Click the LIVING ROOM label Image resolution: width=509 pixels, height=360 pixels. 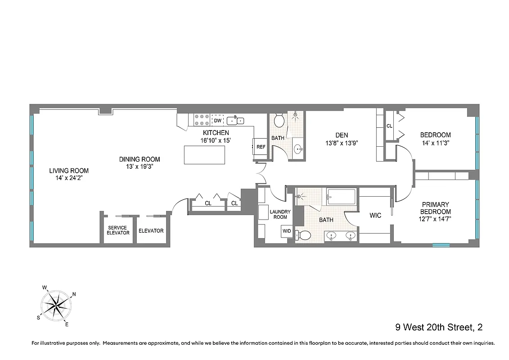pyautogui.click(x=69, y=171)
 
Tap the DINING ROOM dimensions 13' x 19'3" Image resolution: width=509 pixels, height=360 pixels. pyautogui.click(x=140, y=166)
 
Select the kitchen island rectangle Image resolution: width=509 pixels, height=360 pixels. pyautogui.click(x=205, y=155)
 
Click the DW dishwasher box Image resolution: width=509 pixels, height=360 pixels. pyautogui.click(x=217, y=121)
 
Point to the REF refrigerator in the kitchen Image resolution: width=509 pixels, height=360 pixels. pyautogui.click(x=261, y=147)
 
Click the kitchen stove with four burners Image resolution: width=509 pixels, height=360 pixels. pyautogui.click(x=201, y=120)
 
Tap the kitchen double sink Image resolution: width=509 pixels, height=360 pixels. pyautogui.click(x=235, y=120)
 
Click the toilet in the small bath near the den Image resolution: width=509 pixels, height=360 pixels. pyautogui.click(x=279, y=121)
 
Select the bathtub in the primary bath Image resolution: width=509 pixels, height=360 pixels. pyautogui.click(x=341, y=197)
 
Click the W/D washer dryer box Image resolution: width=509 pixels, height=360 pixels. pyautogui.click(x=287, y=231)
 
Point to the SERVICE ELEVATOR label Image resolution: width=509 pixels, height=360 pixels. pyautogui.click(x=118, y=230)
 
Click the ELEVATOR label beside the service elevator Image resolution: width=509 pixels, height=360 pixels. pyautogui.click(x=151, y=231)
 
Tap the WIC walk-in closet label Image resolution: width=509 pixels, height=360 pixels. pyautogui.click(x=375, y=216)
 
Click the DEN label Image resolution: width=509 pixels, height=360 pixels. pyautogui.click(x=342, y=135)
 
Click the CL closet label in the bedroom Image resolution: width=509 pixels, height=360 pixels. pyautogui.click(x=389, y=126)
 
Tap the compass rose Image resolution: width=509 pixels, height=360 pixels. pyautogui.click(x=56, y=305)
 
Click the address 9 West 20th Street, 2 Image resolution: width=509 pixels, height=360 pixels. pyautogui.click(x=439, y=327)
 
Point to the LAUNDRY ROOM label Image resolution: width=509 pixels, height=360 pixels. pyautogui.click(x=280, y=214)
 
